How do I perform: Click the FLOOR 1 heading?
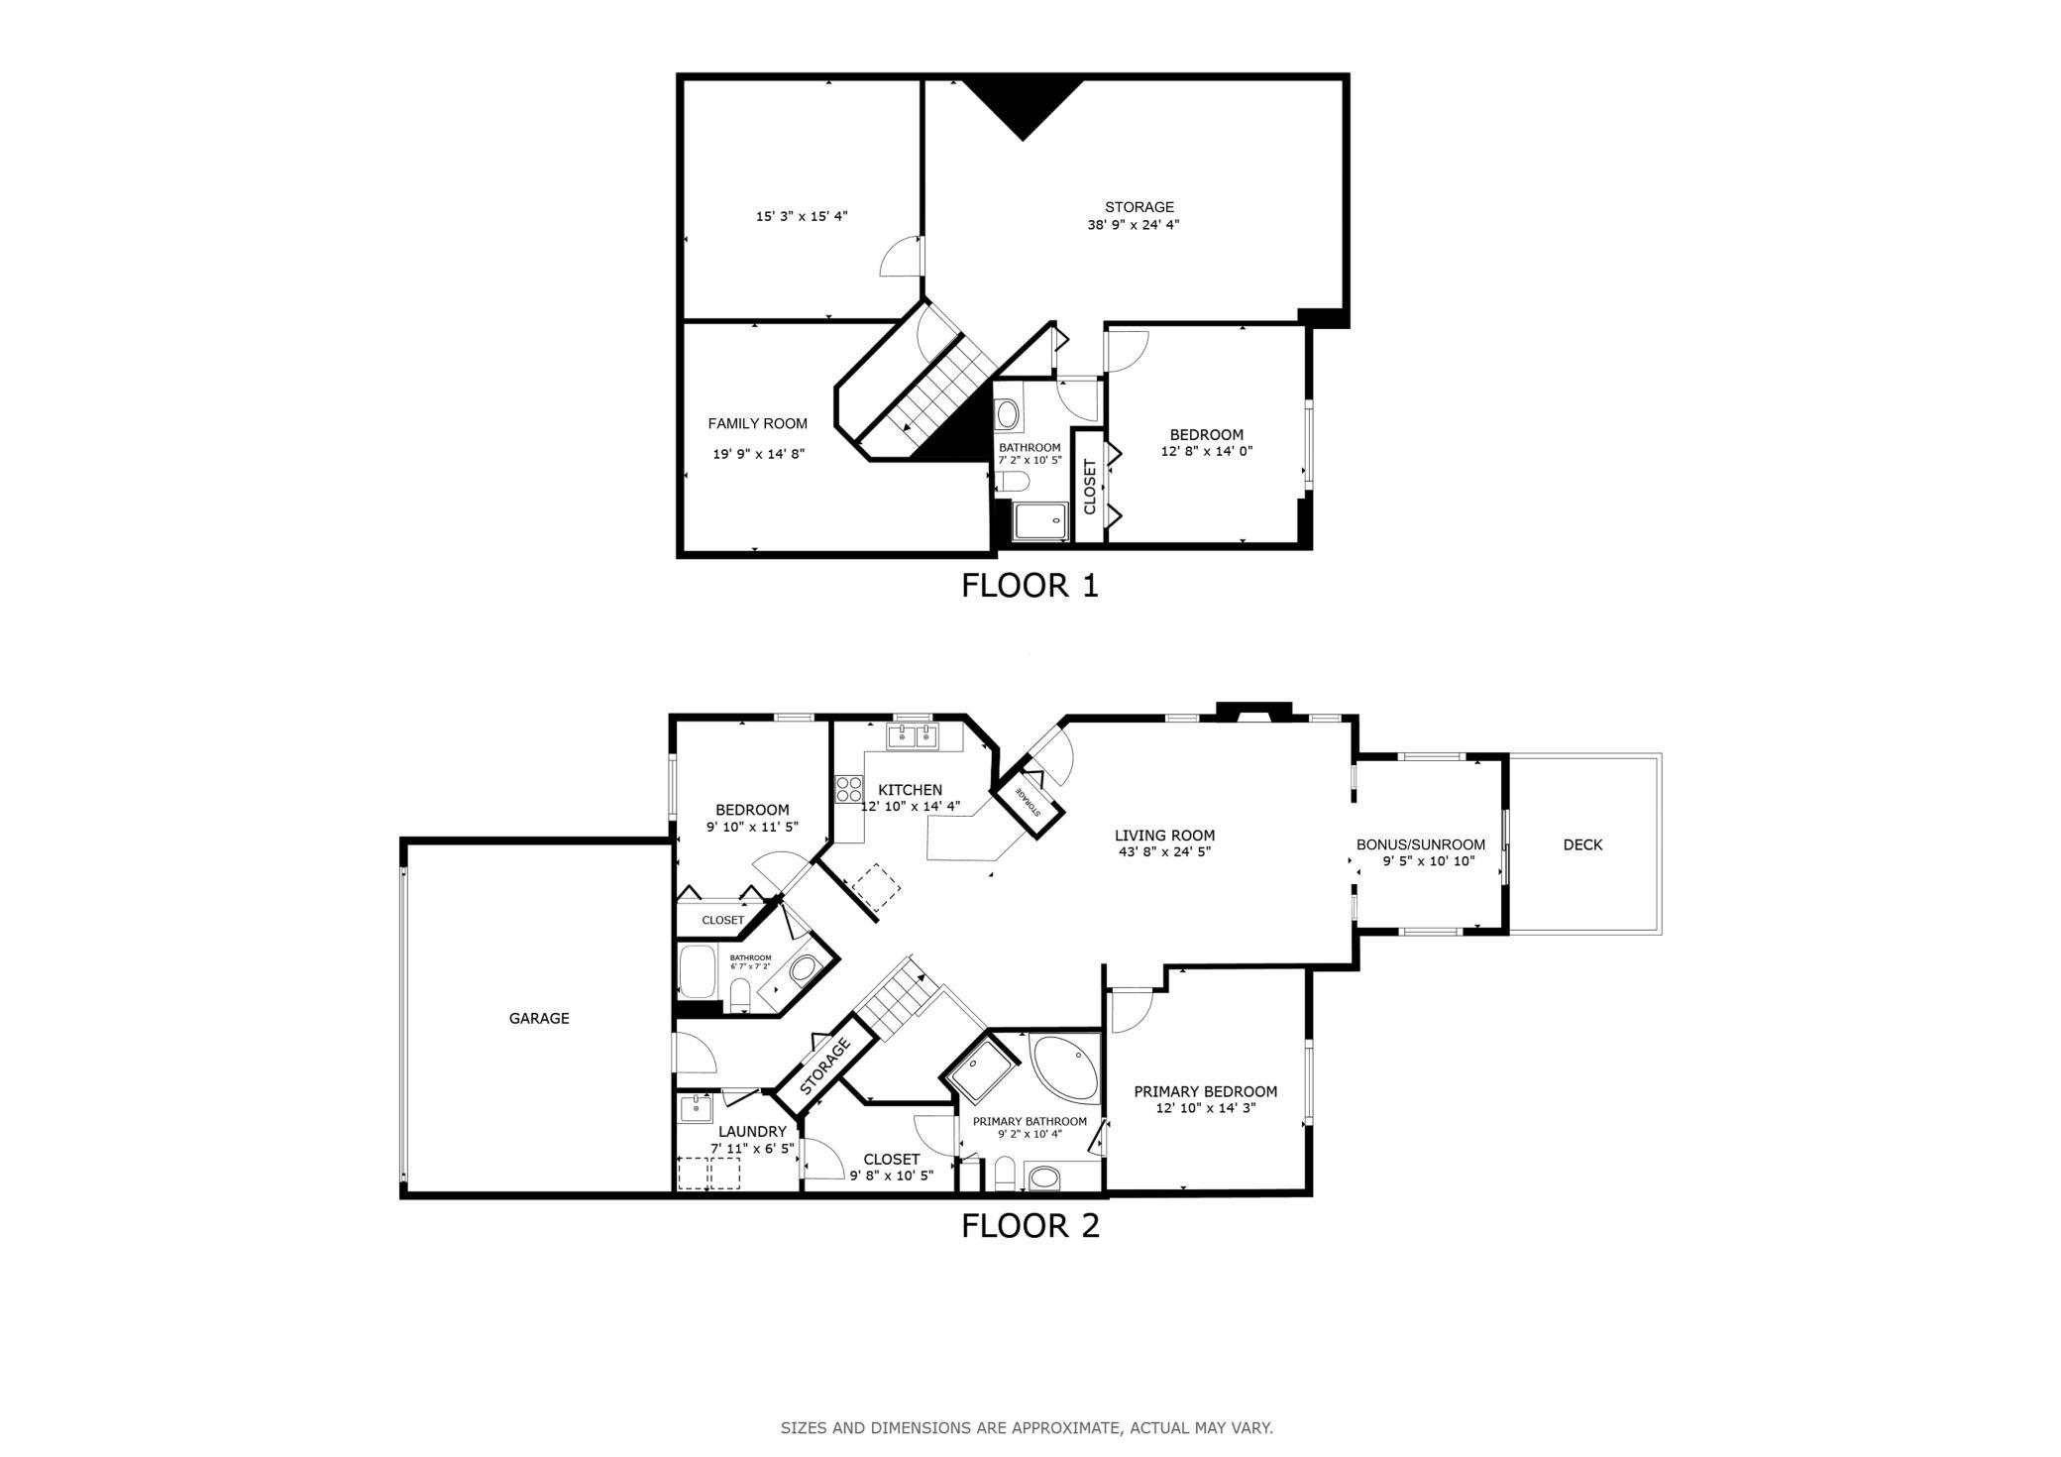coord(1030,586)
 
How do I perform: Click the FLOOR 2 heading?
coord(1030,1226)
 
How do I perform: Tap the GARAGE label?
coord(539,1018)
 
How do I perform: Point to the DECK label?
coord(1582,844)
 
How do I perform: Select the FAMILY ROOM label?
coord(758,423)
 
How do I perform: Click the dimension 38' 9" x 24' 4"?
coord(1134,224)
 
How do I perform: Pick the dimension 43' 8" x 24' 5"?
coord(1164,851)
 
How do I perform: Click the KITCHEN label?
coord(911,790)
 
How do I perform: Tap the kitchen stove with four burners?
coord(849,788)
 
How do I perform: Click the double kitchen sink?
coord(913,735)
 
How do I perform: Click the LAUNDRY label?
coord(752,1132)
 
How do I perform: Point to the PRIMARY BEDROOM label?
coord(1206,1091)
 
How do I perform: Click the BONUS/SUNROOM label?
coord(1421,844)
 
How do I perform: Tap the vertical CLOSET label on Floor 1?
coord(1090,487)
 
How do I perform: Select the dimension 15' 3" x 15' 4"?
coord(802,215)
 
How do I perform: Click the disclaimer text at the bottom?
coord(1027,1428)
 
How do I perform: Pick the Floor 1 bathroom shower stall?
coord(1039,521)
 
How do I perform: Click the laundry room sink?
coord(697,1108)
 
